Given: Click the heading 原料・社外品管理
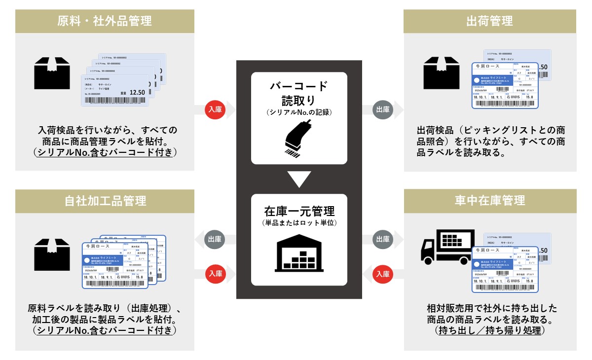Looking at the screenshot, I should pos(105,21).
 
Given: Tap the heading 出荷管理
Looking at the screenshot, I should pos(489,21).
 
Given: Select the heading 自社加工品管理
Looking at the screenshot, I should pos(105,201).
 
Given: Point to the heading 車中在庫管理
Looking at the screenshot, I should pos(489,201).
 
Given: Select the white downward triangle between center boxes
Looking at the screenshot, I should pos(299,179).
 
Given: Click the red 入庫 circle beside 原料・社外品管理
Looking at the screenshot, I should pos(215,109).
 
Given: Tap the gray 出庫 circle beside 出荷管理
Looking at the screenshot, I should pos(383,109).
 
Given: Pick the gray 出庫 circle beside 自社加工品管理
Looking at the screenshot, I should pos(215,240).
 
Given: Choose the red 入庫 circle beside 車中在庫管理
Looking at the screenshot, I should pos(383,273).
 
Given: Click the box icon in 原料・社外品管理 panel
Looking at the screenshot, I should pos(52,73).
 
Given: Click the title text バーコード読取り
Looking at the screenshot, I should pos(299,93).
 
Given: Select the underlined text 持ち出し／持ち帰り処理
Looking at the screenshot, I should pos(489,330).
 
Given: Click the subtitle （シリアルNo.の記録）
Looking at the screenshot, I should pos(299,112).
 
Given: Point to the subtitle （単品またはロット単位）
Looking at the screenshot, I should pos(299,223).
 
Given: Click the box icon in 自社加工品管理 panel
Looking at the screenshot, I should pos(52,253).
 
